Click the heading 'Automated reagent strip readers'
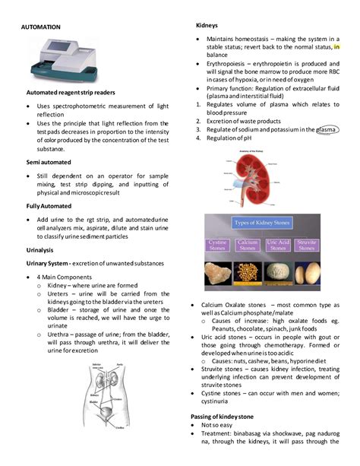coord(66,93)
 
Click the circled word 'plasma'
coord(327,129)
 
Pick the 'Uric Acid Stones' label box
coord(279,246)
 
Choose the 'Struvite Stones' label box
coord(308,246)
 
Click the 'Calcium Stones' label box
coord(248,246)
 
